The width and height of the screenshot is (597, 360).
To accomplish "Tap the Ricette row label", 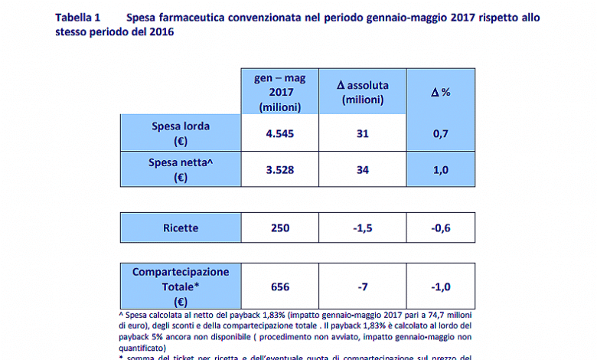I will coord(181,227).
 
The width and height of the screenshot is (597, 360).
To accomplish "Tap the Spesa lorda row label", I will coord(181,133).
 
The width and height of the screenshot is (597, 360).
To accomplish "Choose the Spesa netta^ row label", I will coord(181,170).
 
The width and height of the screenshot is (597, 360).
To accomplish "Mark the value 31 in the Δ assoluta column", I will coord(363,133).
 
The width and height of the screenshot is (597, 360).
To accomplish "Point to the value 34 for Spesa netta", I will coord(363,170).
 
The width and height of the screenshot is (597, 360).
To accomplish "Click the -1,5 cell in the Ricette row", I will coord(363,227).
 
